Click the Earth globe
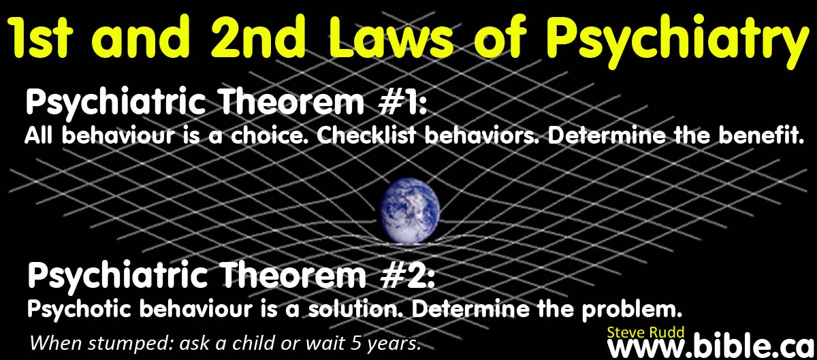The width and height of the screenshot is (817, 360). pyautogui.click(x=410, y=211)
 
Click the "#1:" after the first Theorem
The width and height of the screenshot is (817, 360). pyautogui.click(x=402, y=103)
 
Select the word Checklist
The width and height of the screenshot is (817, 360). pyautogui.click(x=366, y=135)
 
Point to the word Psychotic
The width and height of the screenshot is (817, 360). pyautogui.click(x=79, y=310)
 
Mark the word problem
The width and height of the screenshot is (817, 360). pyautogui.click(x=631, y=310)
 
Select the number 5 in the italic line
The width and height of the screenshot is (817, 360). pyautogui.click(x=356, y=343)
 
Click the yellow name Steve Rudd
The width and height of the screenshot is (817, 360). pyautogui.click(x=645, y=333)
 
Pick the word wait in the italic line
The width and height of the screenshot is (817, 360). pyautogui.click(x=325, y=343)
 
